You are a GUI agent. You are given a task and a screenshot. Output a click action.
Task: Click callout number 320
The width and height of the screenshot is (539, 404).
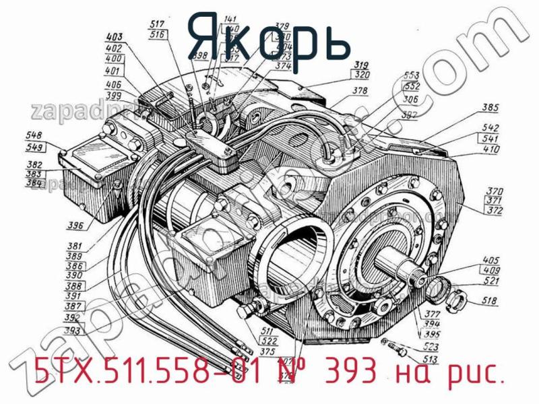362,75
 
